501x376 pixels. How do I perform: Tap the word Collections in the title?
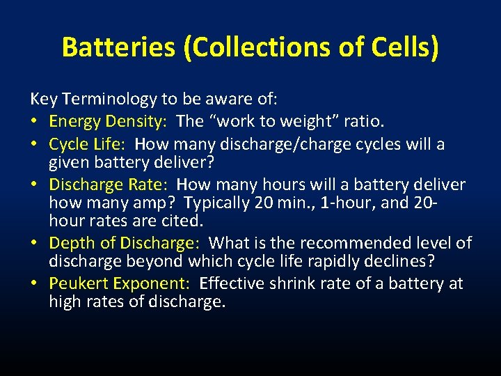(236, 47)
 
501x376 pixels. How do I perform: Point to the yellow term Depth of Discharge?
(125, 244)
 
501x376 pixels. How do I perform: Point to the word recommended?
(334, 244)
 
